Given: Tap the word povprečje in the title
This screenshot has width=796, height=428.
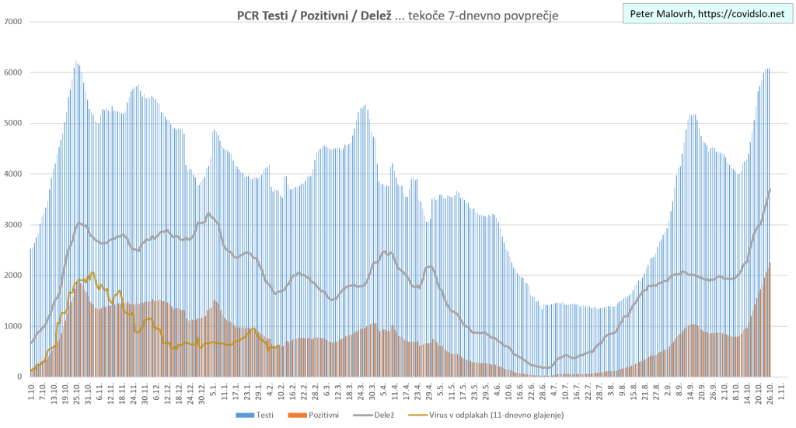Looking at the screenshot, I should pos(529,15).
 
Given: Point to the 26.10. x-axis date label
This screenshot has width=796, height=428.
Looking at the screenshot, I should pos(768,391).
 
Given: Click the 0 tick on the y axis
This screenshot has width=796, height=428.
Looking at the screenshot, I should pos(19,377).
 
